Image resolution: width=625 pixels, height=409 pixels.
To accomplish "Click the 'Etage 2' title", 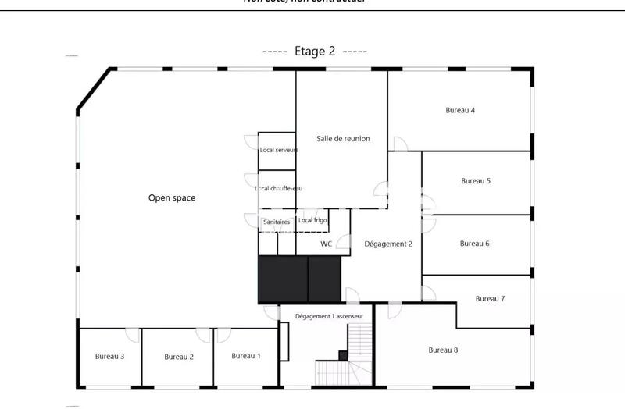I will pos(315,52).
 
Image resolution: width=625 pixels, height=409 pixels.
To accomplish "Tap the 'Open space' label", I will pos(172,198).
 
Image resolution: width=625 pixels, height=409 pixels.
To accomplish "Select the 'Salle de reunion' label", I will pos(343,139).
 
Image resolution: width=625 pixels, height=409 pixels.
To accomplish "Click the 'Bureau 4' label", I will pos(460,111).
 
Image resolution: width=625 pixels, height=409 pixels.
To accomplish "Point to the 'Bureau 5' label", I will pos(475,181).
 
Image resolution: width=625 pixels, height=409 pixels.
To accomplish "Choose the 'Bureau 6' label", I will pos(474,244).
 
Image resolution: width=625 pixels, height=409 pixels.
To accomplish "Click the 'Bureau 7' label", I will pos(490,299).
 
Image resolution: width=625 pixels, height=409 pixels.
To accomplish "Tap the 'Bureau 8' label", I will pos(443,350).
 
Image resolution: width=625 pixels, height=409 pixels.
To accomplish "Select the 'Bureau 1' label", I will pos(245,356).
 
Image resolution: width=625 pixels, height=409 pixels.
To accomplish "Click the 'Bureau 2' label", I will pos(179,357).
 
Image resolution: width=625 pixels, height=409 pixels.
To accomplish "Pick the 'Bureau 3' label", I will pos(110,356).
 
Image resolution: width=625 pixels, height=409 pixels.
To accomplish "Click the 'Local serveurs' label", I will pos(279,150).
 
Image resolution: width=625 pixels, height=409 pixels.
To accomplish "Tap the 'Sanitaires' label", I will pos(277,222).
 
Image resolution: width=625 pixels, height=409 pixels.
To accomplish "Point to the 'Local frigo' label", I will pos(312,221).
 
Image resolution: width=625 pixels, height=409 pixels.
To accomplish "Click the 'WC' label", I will pos(327,244).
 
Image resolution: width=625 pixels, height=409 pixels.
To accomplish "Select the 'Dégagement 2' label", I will pos(387,244).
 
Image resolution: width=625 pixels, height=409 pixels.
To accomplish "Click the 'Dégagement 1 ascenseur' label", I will pos(328,316).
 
